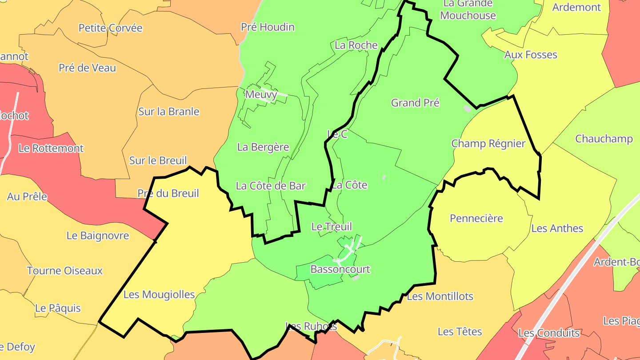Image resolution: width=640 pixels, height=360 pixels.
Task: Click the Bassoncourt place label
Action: (x=340, y=269)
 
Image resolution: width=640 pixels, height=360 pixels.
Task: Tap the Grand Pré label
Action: (x=415, y=103)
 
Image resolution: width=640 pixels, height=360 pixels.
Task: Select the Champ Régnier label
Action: (x=488, y=144)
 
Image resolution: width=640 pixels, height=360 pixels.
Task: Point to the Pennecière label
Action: (x=476, y=218)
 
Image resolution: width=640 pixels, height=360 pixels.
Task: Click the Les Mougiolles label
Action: (x=159, y=294)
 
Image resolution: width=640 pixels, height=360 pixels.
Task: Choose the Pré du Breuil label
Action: (x=168, y=193)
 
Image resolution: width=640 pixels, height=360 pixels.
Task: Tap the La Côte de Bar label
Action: (x=271, y=186)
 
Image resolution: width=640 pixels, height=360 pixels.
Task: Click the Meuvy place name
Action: (x=261, y=94)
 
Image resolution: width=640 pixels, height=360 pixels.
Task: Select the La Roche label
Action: (x=356, y=45)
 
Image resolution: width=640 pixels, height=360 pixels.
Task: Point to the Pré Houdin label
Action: (x=268, y=27)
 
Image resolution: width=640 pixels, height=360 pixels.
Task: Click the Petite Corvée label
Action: (x=111, y=28)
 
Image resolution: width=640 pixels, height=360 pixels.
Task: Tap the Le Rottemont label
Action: (x=51, y=148)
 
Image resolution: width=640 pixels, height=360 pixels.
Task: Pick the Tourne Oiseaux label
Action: (x=65, y=271)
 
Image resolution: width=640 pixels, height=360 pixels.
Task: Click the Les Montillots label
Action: (x=440, y=296)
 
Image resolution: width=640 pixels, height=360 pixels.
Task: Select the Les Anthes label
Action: (x=557, y=228)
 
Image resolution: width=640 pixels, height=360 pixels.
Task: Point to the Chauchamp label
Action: (x=604, y=139)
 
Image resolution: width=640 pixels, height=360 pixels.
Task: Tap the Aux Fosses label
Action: (x=531, y=55)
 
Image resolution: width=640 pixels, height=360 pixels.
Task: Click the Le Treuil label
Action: (x=332, y=227)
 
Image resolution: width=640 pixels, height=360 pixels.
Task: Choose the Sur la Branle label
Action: (x=169, y=112)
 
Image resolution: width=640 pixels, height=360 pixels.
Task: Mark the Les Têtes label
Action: (x=460, y=332)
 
